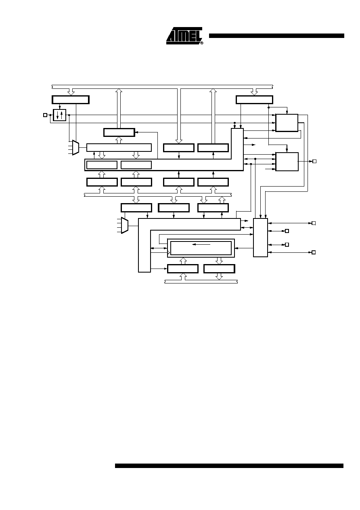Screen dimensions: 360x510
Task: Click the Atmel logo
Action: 184,36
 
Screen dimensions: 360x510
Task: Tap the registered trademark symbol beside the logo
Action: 202,43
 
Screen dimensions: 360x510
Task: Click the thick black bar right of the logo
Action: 276,36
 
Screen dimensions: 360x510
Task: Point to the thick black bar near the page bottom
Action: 229,466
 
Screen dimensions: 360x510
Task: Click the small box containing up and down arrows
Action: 60,115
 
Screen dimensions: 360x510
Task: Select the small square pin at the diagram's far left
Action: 45,115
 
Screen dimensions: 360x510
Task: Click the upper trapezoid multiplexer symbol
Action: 76,147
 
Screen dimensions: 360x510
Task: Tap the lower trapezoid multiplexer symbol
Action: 125,225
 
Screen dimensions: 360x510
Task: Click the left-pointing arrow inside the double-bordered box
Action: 201,245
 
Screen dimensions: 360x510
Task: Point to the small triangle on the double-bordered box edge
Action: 169,252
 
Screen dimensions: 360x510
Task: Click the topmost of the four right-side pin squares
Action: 314,223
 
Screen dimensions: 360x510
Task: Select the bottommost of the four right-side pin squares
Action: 314,252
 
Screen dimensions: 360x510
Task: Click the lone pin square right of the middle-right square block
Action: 314,161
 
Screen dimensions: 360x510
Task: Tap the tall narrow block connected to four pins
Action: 261,237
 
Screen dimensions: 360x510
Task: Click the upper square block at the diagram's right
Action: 287,123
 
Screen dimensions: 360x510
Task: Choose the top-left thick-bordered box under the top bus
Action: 71,100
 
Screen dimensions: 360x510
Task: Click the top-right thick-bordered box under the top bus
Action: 254,100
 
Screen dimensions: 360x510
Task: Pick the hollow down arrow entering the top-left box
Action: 71,92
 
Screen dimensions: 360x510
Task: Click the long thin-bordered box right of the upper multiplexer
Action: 119,147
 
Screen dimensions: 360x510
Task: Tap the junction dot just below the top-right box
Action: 268,107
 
